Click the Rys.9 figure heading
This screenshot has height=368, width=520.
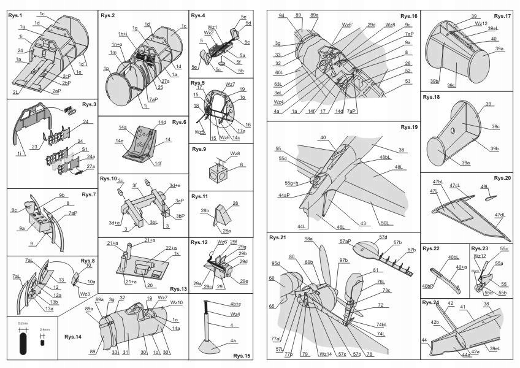click(199, 149)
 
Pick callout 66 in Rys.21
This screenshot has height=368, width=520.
click(271, 278)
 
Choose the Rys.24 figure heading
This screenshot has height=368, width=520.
click(431, 303)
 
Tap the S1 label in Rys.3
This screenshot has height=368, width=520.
click(85, 149)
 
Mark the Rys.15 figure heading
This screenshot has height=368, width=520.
click(242, 356)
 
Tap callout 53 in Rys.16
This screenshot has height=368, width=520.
click(408, 80)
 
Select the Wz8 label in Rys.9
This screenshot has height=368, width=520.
click(235, 153)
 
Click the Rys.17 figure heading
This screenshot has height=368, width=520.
click(502, 15)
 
